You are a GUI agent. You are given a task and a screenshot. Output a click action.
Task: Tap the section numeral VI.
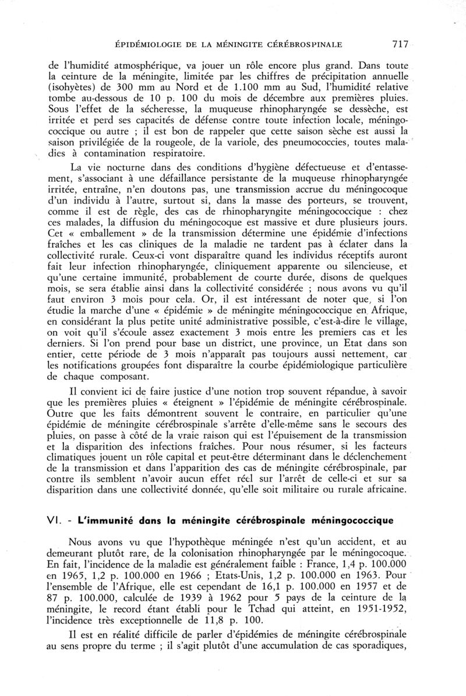point(56,518)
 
